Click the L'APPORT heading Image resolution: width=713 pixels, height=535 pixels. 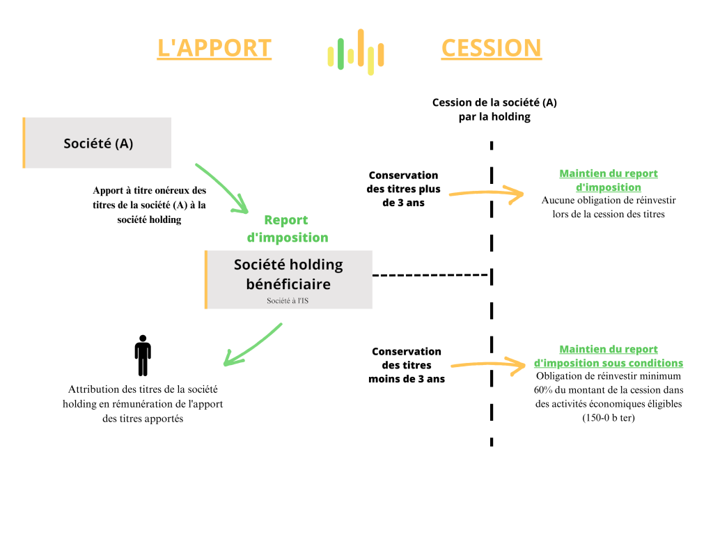[214, 48]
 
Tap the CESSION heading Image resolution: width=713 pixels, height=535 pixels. [492, 48]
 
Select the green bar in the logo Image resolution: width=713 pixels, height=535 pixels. [340, 54]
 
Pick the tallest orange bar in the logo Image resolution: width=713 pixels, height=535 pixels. [361, 48]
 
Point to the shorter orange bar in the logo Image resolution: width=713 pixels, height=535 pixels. [381, 56]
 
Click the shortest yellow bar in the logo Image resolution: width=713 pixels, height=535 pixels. [351, 56]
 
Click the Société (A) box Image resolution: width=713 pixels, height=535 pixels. [98, 144]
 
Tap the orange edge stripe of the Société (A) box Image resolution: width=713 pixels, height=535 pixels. [24, 143]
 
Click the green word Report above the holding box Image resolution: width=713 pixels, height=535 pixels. [286, 220]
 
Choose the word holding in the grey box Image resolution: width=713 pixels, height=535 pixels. [316, 265]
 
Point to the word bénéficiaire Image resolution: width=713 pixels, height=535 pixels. [288, 284]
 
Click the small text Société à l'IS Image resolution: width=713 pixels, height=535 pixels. [288, 301]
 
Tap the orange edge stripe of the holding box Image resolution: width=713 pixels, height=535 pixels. [205, 279]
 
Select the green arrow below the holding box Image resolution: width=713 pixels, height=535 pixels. [252, 346]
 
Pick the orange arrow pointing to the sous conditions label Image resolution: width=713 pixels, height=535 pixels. [488, 364]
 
